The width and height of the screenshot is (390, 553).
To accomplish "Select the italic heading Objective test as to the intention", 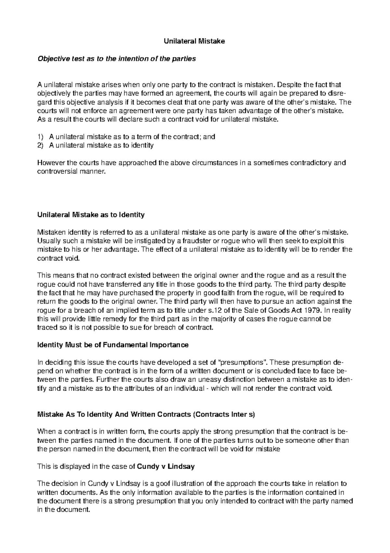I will [117, 59].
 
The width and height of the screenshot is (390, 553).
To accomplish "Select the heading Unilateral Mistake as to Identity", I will [91, 215].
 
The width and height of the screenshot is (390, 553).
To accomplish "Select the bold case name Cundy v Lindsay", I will [166, 466].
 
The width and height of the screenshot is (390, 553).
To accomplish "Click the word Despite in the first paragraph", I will [289, 85].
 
